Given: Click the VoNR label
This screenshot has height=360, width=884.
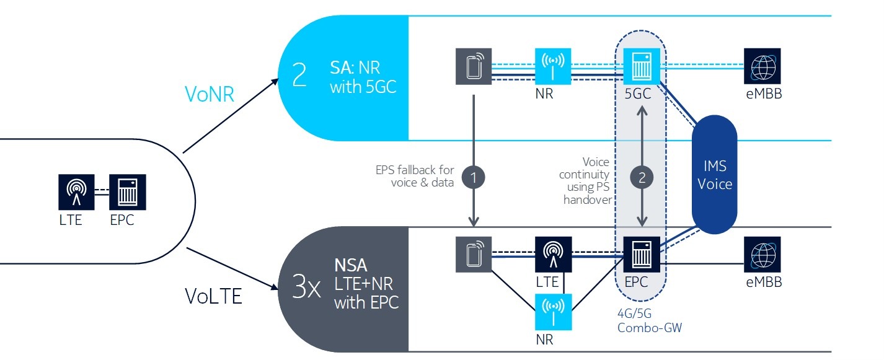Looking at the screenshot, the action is (x=209, y=94).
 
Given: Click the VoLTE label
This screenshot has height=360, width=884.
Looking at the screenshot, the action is (x=213, y=296).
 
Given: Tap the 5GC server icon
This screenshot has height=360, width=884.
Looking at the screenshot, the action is (x=641, y=66).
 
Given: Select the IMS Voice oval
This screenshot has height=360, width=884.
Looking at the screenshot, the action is (x=714, y=174).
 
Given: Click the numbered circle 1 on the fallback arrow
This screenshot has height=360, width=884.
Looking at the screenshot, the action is (x=474, y=177).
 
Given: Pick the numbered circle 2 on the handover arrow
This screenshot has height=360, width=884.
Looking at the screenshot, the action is (x=642, y=177).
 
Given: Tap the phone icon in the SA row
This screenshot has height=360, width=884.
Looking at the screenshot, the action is (x=474, y=66).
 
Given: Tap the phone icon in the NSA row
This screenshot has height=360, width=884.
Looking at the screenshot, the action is (x=474, y=254).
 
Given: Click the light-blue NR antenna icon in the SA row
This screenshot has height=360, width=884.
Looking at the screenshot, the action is (x=553, y=66).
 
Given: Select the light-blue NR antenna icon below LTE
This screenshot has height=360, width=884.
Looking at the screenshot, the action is (x=554, y=312).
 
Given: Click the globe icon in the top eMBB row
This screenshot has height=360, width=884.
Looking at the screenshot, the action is (x=762, y=66).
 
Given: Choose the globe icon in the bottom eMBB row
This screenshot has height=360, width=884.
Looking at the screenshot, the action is (x=762, y=254).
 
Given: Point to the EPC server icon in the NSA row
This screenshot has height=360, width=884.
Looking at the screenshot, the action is (x=642, y=254).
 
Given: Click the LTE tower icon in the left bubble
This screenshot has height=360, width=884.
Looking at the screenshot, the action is (x=77, y=192).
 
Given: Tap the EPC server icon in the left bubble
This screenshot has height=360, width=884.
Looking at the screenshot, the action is (x=128, y=192).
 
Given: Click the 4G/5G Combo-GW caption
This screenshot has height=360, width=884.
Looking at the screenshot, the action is (x=650, y=320).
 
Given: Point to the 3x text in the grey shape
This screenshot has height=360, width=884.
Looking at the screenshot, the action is (x=306, y=288).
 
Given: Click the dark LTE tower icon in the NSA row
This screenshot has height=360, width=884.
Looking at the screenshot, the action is (x=554, y=254).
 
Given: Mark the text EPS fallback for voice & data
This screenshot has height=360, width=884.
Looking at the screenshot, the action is (x=415, y=176).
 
